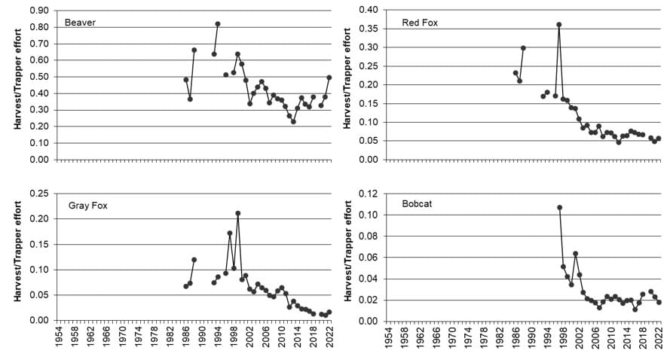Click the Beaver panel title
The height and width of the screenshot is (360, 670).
click(x=79, y=23)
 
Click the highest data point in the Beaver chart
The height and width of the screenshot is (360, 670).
click(x=218, y=24)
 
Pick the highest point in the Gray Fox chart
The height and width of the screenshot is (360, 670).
click(x=237, y=213)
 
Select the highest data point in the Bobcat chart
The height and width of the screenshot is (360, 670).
click(x=559, y=207)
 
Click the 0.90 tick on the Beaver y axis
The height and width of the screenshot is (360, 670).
click(x=38, y=11)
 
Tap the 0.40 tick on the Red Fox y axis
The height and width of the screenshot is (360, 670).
click(x=369, y=11)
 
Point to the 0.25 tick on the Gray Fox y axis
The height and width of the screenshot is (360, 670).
click(x=38, y=194)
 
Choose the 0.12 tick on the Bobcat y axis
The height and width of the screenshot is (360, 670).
click(x=369, y=194)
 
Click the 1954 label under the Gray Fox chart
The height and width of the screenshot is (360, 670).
click(x=58, y=337)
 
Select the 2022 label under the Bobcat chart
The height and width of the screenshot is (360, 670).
click(x=659, y=337)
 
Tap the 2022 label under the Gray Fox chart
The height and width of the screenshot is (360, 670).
click(x=329, y=337)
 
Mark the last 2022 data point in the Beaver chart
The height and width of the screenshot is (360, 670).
click(x=329, y=77)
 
